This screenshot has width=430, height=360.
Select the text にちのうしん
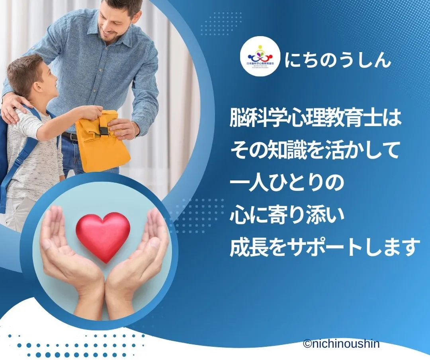click(x=338, y=61)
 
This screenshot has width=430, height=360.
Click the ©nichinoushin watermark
click(x=341, y=344)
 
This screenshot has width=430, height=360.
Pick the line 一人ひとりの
click(x=286, y=184)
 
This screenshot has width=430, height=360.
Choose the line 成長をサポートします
click(x=325, y=247)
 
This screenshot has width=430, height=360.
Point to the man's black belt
click(x=70, y=137)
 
